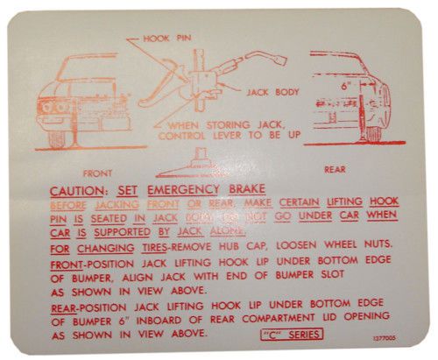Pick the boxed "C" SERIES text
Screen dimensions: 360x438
coord(293,333)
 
